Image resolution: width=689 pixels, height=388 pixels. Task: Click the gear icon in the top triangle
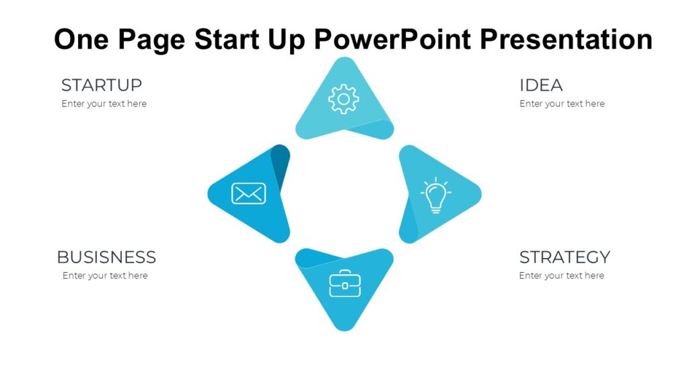pyautogui.click(x=344, y=99)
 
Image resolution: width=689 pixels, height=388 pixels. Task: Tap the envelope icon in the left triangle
pyautogui.click(x=249, y=193)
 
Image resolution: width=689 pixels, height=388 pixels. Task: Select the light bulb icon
pyautogui.click(x=435, y=195)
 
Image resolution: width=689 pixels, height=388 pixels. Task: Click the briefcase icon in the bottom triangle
pyautogui.click(x=345, y=284)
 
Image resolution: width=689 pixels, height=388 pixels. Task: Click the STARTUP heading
pyautogui.click(x=102, y=86)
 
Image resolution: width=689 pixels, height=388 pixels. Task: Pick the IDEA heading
pyautogui.click(x=541, y=86)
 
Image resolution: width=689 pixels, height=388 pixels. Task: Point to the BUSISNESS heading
pyautogui.click(x=106, y=257)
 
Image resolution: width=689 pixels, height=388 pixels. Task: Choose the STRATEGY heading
pyautogui.click(x=565, y=257)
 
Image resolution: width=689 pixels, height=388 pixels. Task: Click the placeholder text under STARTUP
pyautogui.click(x=104, y=104)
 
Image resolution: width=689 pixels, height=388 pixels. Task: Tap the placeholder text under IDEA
pyautogui.click(x=562, y=104)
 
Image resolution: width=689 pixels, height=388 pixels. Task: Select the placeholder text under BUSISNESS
pyautogui.click(x=105, y=276)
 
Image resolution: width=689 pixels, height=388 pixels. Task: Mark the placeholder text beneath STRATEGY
pyautogui.click(x=562, y=276)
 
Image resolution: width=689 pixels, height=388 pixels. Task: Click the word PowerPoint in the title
pyautogui.click(x=393, y=39)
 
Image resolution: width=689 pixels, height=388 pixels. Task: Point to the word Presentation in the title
pyautogui.click(x=566, y=39)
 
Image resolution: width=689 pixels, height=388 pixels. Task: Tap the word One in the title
pyautogui.click(x=81, y=39)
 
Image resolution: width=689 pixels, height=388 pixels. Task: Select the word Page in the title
pyautogui.click(x=151, y=40)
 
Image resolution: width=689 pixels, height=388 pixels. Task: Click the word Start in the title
pyautogui.click(x=227, y=39)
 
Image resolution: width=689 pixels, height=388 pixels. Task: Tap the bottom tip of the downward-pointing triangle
pyautogui.click(x=344, y=331)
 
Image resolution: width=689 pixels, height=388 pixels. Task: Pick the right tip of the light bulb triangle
pyautogui.click(x=481, y=194)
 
